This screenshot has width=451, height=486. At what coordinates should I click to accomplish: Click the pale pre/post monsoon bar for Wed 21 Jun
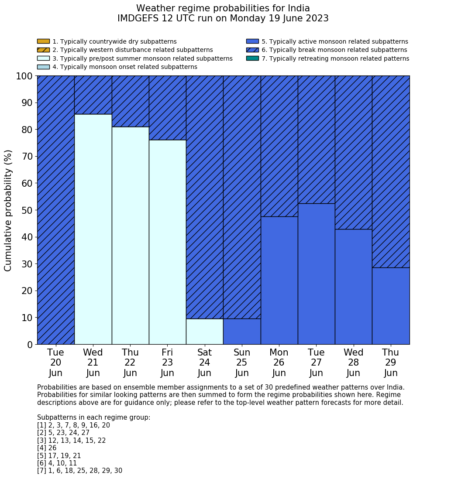point(93,229)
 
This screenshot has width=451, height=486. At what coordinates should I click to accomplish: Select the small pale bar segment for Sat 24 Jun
point(204,332)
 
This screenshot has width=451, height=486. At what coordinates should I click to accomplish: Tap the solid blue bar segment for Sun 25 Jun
point(242,332)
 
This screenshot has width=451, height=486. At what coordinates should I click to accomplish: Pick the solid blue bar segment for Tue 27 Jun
point(316,274)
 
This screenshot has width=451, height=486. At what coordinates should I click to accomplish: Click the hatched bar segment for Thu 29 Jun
point(391,171)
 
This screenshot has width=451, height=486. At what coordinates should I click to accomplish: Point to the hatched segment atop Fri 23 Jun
point(167,108)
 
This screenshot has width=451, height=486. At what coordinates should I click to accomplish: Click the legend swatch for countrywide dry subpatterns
point(43,41)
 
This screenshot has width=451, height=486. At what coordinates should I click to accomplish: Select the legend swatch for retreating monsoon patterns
point(252,58)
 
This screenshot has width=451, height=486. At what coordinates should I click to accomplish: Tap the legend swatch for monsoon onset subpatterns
point(43,67)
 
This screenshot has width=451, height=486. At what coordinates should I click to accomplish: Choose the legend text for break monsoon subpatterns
point(334,50)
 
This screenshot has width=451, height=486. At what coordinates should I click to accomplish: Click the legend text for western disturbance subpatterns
point(132,50)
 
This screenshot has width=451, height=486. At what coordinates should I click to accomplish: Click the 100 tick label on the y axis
point(24,76)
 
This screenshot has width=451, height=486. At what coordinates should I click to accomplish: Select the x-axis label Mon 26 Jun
point(279,363)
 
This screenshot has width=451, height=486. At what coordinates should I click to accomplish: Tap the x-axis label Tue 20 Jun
point(55,363)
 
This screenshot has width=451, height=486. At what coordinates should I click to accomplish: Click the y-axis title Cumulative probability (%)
point(8,210)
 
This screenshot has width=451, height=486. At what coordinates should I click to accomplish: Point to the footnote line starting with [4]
point(47,448)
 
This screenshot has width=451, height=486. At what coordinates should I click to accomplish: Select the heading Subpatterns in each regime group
point(93,418)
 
